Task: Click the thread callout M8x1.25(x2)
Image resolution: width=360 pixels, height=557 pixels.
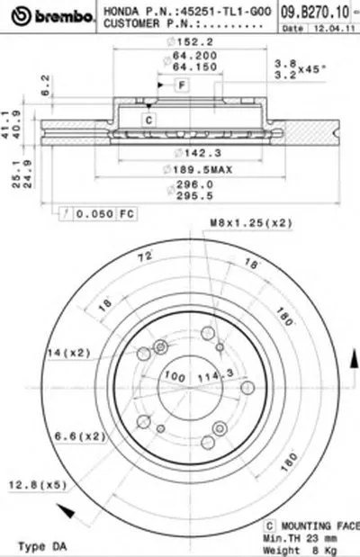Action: (x=238, y=222)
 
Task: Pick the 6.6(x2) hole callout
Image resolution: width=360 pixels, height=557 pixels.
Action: (x=79, y=436)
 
